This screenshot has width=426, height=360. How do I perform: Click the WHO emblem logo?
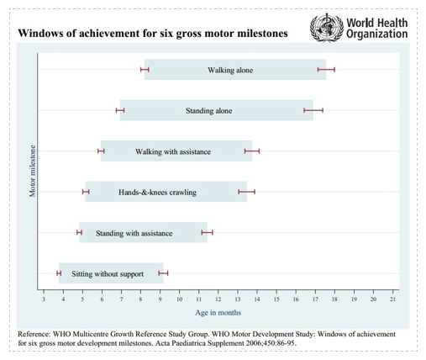click(x=327, y=28)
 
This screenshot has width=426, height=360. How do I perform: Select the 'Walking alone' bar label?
click(x=230, y=70)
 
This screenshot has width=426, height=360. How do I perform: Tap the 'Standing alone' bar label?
click(x=208, y=111)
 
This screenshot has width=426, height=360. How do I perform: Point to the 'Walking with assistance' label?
click(x=173, y=151)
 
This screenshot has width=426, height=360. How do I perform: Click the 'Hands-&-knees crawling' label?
click(x=157, y=193)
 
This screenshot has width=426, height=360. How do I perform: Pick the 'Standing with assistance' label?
click(x=134, y=233)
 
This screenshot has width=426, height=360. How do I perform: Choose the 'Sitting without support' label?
click(x=108, y=274)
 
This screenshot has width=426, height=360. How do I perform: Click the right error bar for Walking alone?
click(x=326, y=70)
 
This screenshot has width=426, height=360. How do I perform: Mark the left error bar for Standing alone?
click(x=120, y=110)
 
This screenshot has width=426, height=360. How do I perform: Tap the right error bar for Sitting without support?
click(x=163, y=273)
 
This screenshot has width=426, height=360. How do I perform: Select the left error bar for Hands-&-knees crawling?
click(x=86, y=192)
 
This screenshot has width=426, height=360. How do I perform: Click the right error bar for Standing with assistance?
click(x=207, y=232)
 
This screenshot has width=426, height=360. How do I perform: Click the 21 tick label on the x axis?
click(x=393, y=299)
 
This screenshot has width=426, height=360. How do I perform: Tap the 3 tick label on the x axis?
click(x=44, y=299)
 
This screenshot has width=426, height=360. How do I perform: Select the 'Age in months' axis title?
click(x=218, y=313)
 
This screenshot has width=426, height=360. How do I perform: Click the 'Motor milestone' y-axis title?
click(x=33, y=171)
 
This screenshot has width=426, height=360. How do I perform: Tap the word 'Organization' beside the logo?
click(x=377, y=34)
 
